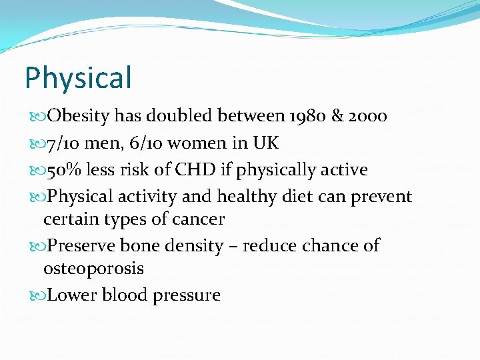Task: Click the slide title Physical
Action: click(78, 78)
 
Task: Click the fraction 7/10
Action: click(62, 143)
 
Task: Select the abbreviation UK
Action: click(265, 143)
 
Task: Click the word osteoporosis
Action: click(93, 269)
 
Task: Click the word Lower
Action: click(72, 295)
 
